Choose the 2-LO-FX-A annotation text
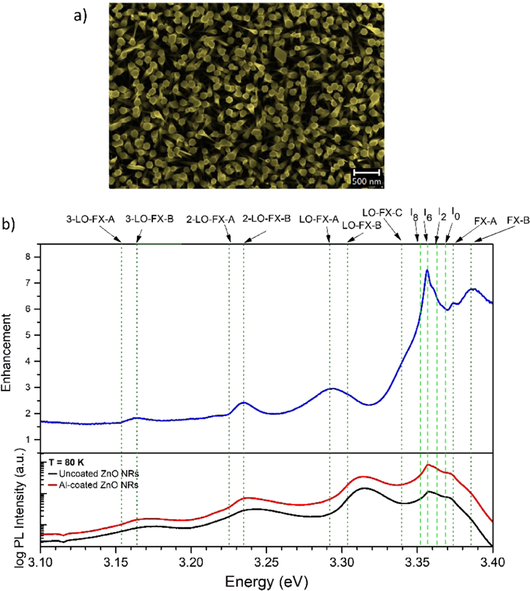coord(210,218)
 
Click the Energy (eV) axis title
coord(268,579)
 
